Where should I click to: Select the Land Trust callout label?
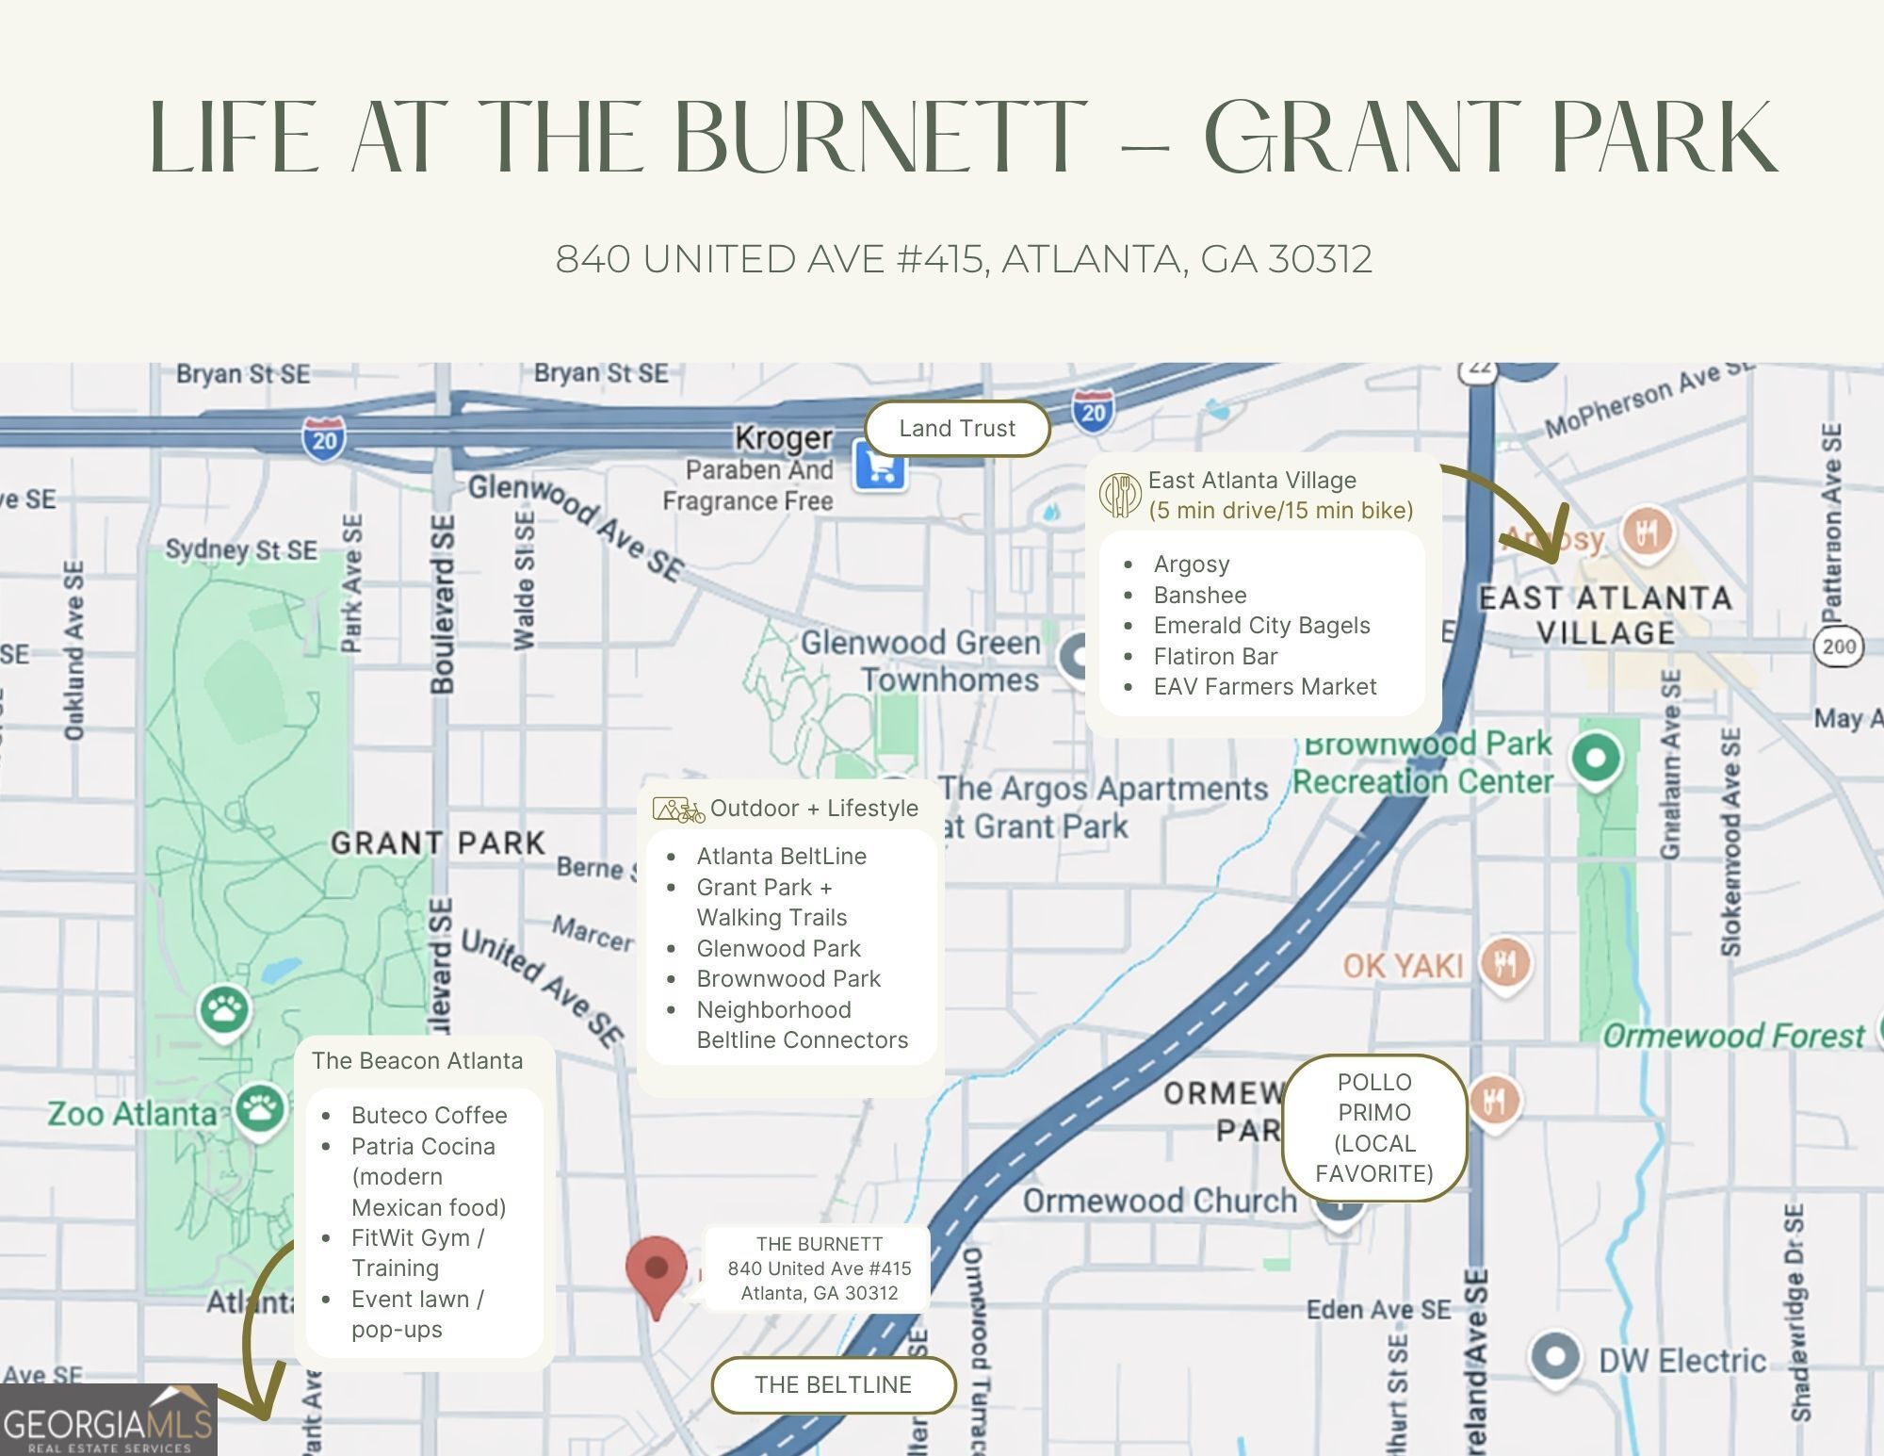(957, 429)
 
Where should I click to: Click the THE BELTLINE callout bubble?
(833, 1384)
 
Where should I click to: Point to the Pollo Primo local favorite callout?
(1374, 1128)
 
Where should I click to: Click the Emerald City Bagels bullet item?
(1261, 626)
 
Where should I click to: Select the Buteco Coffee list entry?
(429, 1116)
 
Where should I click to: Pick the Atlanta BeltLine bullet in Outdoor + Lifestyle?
(781, 857)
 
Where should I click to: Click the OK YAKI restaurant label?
(1403, 966)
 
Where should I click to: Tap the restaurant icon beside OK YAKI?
(1504, 961)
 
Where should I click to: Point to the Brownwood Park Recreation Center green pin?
(1596, 759)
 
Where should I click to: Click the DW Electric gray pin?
(1554, 1356)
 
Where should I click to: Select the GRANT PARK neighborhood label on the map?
(438, 843)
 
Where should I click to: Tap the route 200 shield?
(1838, 646)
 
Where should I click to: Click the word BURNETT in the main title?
(881, 139)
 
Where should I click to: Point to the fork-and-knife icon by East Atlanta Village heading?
(1120, 495)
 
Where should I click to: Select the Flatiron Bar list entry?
(1215, 657)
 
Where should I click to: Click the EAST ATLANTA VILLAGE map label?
(1605, 615)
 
